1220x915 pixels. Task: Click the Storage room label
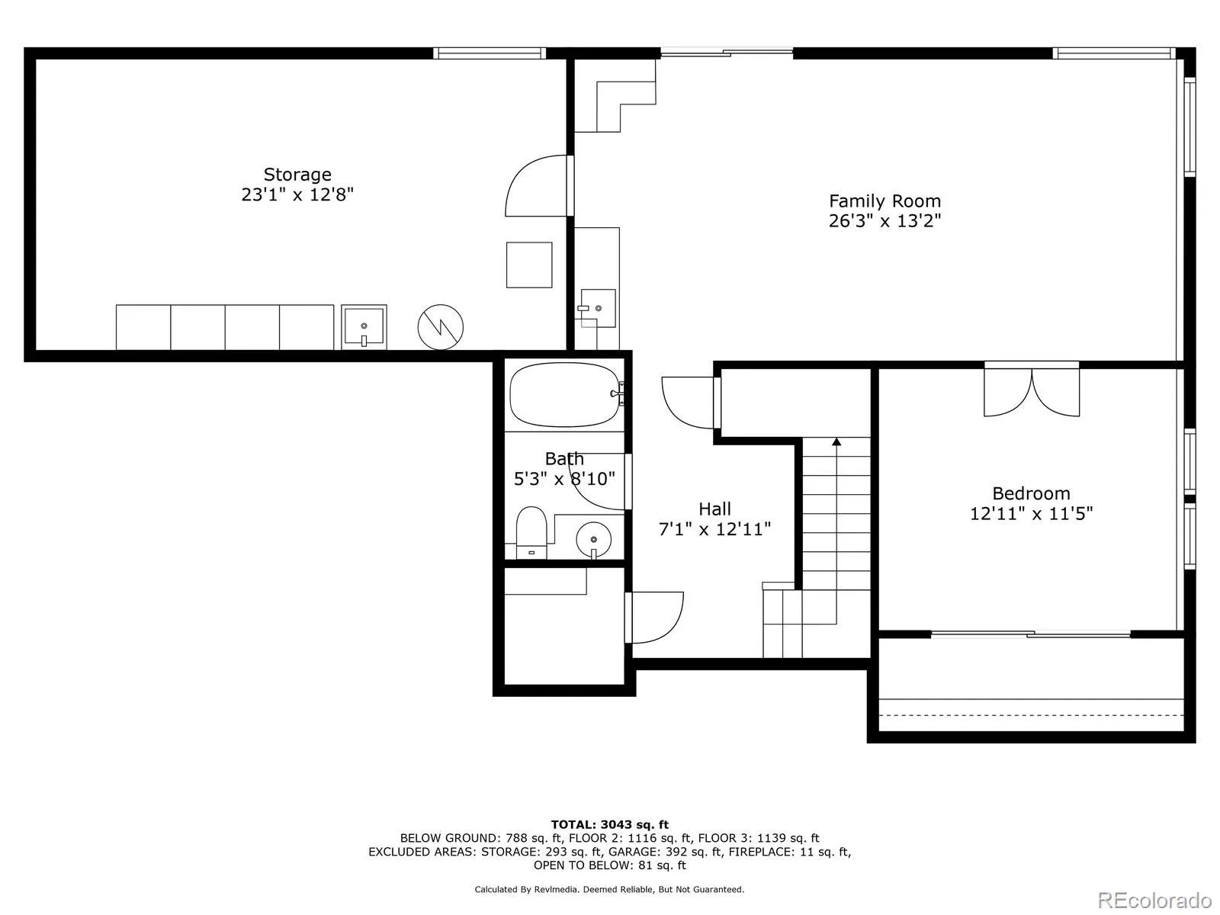click(297, 175)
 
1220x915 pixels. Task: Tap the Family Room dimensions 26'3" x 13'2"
click(884, 221)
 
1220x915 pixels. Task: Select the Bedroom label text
click(1031, 493)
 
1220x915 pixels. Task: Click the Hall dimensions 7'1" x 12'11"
click(714, 528)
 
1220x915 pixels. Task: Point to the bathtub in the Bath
click(564, 394)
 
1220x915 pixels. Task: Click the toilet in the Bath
click(531, 531)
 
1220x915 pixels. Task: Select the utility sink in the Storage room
click(364, 327)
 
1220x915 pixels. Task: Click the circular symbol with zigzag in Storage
click(441, 328)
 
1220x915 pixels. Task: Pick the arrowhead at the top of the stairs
click(836, 441)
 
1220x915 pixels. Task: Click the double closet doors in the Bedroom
click(1032, 393)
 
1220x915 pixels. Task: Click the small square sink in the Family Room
click(598, 308)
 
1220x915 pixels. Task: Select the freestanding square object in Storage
click(529, 265)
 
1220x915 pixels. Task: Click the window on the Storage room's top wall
click(490, 53)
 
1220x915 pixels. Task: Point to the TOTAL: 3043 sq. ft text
click(609, 824)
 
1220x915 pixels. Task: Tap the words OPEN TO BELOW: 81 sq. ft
click(609, 865)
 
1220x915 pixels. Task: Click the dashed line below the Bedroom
click(1031, 714)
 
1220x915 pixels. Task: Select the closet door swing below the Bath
click(656, 618)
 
